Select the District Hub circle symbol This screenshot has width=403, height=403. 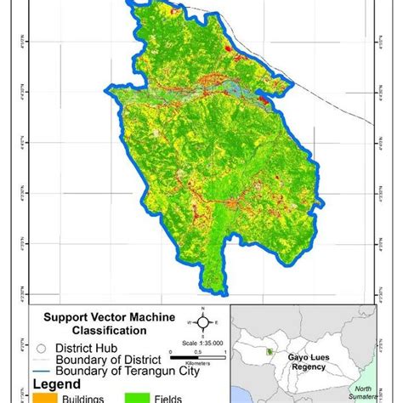[38, 347]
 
